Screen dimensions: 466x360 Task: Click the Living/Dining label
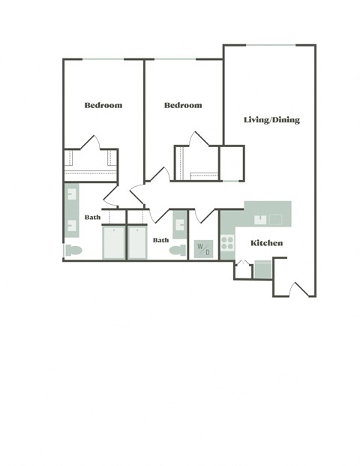(x=271, y=119)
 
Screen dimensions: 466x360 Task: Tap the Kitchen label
(x=266, y=242)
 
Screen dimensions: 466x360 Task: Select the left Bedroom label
(x=103, y=105)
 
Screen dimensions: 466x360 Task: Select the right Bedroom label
(x=183, y=105)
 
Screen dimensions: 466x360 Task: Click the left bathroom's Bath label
(x=92, y=217)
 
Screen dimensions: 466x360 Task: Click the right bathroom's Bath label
(x=160, y=240)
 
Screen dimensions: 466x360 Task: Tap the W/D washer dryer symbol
(x=203, y=248)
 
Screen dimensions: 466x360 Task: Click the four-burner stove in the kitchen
(x=226, y=245)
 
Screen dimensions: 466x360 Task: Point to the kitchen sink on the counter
(x=260, y=220)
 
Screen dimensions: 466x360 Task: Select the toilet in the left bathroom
(x=73, y=249)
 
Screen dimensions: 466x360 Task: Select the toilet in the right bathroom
(x=178, y=250)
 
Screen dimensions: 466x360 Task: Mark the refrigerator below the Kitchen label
(x=263, y=269)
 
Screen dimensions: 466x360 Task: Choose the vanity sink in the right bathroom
(x=180, y=224)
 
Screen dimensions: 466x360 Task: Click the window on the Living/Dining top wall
(x=271, y=46)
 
